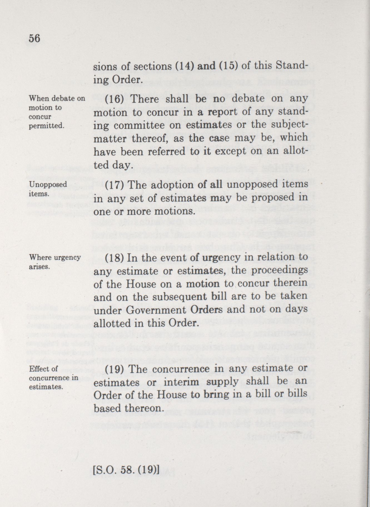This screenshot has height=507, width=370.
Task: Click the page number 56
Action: [x=34, y=38]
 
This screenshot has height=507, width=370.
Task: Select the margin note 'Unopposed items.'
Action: [x=48, y=189]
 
